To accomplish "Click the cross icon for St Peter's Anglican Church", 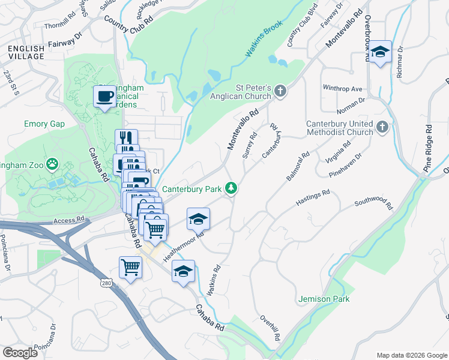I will tap(280, 91).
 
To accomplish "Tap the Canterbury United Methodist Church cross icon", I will tap(382, 127).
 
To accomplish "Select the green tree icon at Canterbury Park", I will tap(231, 189).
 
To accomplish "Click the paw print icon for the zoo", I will tap(53, 163).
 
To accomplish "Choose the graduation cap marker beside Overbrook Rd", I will tap(380, 52).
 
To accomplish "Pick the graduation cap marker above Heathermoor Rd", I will tap(198, 220).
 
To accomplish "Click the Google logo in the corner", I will tap(19, 352).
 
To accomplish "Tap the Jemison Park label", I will tap(324, 298).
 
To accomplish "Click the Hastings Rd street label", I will tap(313, 198).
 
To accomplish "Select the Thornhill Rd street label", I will tap(62, 26).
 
